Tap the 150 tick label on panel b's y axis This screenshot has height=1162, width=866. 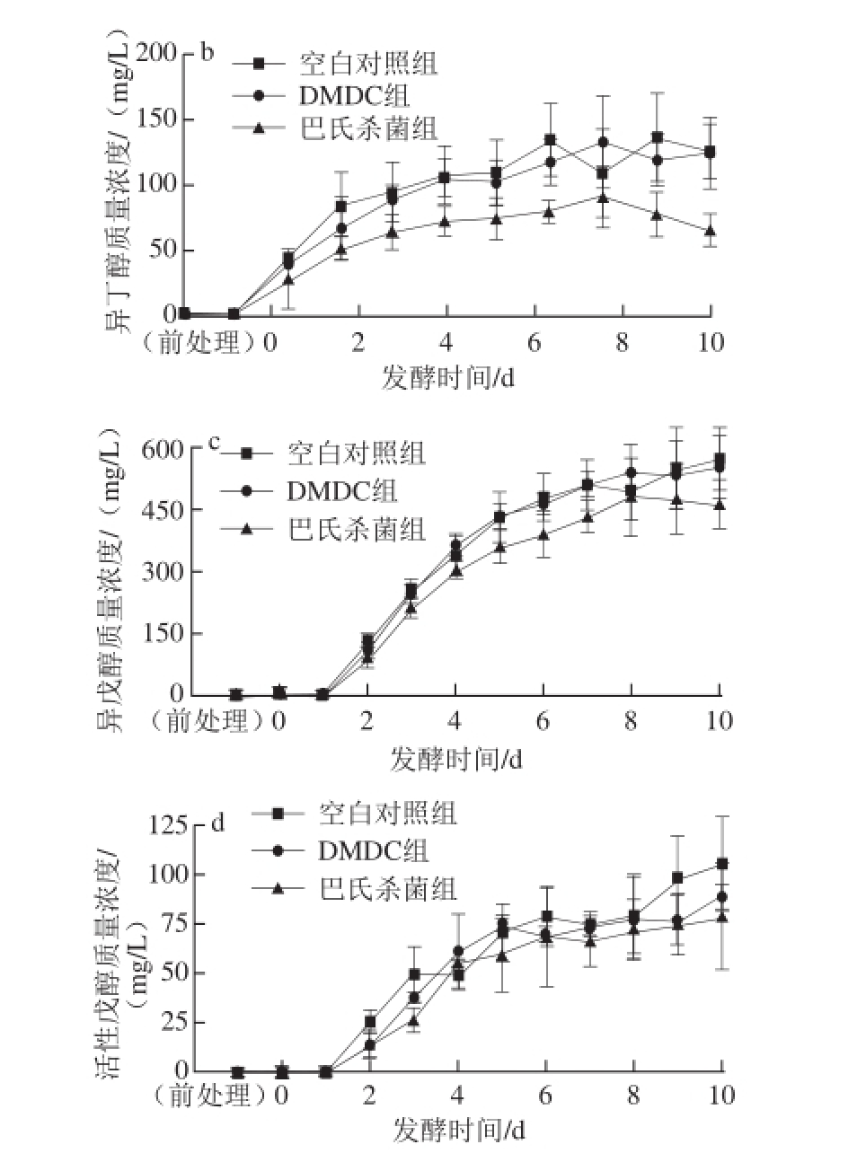pyautogui.click(x=161, y=119)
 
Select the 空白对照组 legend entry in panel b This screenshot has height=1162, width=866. pyautogui.click(x=367, y=65)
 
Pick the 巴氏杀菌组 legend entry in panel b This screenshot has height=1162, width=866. pyautogui.click(x=367, y=128)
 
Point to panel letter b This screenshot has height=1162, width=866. pyautogui.click(x=207, y=53)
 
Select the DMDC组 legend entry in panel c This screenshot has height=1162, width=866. pyautogui.click(x=342, y=490)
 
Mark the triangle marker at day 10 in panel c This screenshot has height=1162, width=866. pyautogui.click(x=720, y=505)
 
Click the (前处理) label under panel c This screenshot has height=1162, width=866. pyautogui.click(x=205, y=721)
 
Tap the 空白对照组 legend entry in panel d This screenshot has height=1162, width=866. pyautogui.click(x=387, y=814)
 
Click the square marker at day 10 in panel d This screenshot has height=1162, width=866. pyautogui.click(x=722, y=864)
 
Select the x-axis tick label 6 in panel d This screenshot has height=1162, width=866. pyautogui.click(x=546, y=1096)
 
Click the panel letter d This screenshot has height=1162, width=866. pyautogui.click(x=216, y=823)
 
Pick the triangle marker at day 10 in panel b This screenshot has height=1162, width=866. pyautogui.click(x=711, y=231)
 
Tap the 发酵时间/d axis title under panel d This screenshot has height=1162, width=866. pyautogui.click(x=458, y=1131)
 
